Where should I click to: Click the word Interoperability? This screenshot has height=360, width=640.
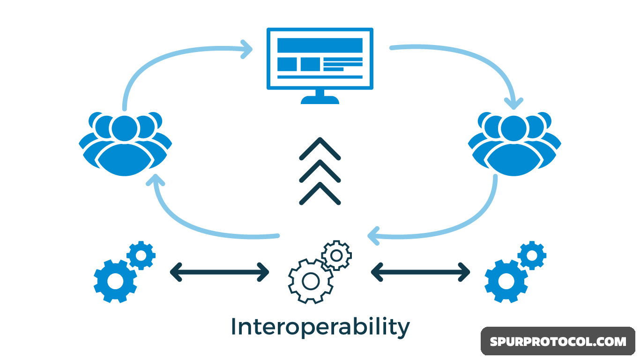coord(320,327)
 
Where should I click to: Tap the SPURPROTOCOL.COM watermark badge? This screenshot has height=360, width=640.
coord(558,341)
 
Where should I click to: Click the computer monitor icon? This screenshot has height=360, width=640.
coord(320,59)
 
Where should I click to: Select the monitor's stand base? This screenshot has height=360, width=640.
coord(320,99)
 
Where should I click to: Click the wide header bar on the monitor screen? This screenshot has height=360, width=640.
coord(320,45)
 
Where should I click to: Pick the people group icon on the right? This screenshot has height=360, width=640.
coord(514,143)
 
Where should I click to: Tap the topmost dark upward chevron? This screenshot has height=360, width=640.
coord(320,149)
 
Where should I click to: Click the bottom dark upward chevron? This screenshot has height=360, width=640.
coord(320,194)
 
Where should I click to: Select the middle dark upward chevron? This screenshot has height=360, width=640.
coord(320,171)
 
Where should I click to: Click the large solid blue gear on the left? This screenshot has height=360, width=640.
coord(115,281)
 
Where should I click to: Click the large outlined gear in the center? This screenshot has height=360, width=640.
coord(310,281)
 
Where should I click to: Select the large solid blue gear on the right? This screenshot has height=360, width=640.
coord(506,281)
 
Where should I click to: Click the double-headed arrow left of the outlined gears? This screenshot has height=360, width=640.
coord(219,272)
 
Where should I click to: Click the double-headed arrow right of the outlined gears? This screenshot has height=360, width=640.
coord(420,272)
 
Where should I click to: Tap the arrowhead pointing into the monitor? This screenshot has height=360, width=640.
coord(246,49)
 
